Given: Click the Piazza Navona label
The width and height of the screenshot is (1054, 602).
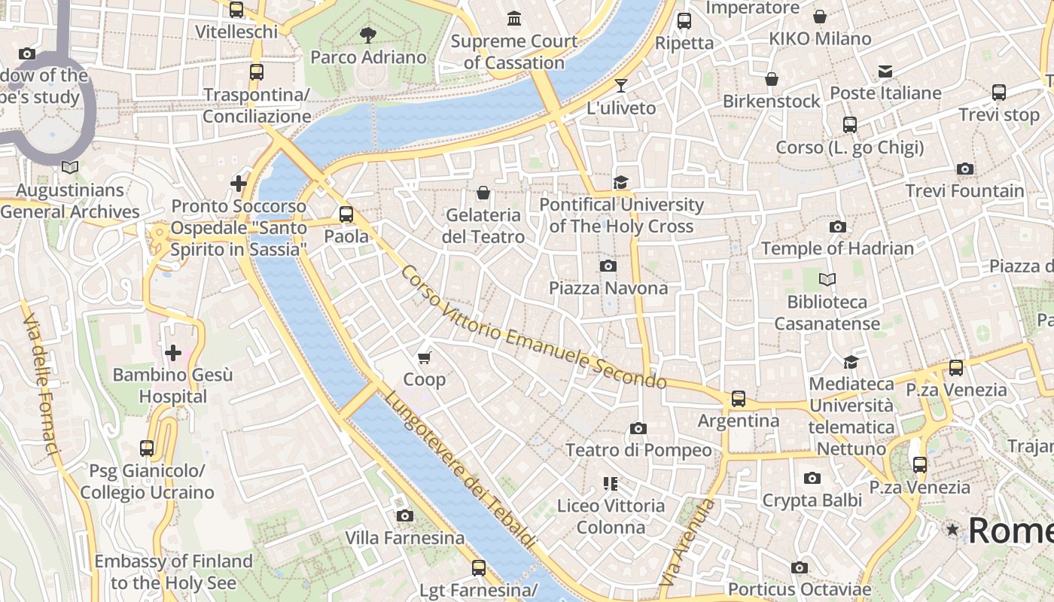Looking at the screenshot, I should [x=608, y=288].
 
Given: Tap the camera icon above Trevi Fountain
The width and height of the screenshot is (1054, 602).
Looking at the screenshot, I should [x=964, y=169].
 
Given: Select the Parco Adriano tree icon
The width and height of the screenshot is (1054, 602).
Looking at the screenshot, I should [x=368, y=35].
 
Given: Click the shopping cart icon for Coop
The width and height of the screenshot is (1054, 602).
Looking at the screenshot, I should [x=425, y=357].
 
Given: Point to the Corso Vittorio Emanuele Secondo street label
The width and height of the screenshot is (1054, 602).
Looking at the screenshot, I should [x=533, y=328].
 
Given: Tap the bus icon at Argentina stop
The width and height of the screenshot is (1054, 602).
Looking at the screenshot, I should [x=738, y=398].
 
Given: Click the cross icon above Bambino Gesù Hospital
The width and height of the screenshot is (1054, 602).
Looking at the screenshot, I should [x=173, y=352].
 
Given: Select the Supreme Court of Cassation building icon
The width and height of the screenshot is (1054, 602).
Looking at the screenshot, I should [x=514, y=18].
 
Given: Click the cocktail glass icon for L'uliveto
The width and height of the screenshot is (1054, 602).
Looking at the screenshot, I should [x=621, y=85].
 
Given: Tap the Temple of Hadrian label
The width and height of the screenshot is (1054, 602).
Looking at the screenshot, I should [x=837, y=248].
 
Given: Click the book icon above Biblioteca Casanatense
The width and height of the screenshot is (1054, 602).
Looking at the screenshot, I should [x=827, y=280].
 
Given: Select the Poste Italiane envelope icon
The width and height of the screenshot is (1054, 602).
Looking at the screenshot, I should [x=885, y=71].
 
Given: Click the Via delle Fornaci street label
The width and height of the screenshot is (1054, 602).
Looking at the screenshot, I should [x=41, y=384].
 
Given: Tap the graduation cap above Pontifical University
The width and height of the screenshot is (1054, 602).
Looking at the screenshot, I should [x=620, y=182].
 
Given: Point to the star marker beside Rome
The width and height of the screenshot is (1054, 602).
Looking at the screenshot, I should [x=952, y=530].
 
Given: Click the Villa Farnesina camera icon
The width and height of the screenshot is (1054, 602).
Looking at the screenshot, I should [x=405, y=515].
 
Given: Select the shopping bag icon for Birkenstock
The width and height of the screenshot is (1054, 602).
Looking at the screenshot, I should [x=771, y=79].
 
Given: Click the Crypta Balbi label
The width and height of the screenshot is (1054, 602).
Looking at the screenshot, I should [x=812, y=500].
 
